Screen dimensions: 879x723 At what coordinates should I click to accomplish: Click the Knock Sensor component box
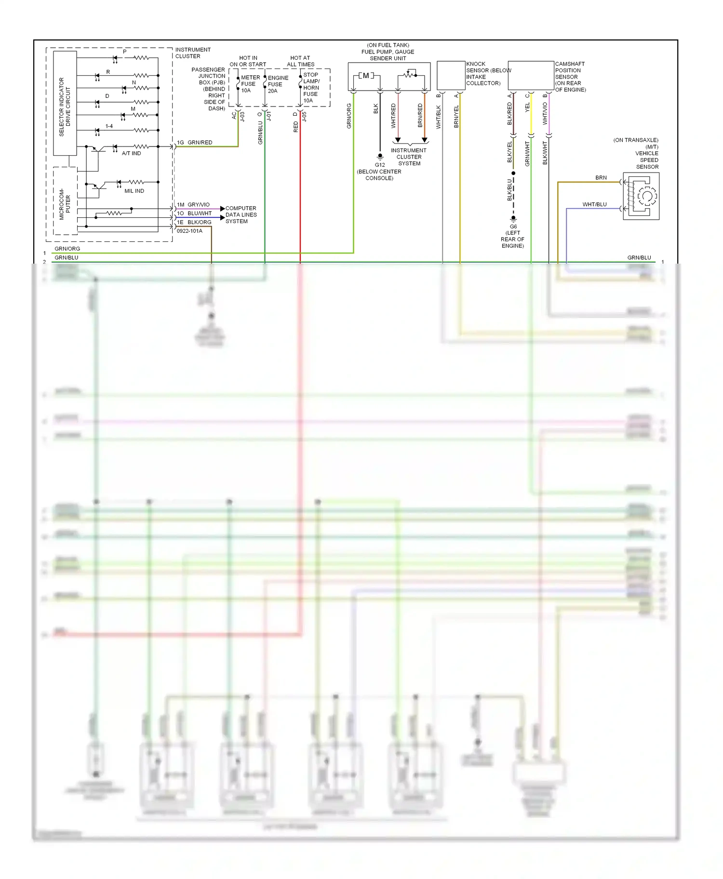(451, 75)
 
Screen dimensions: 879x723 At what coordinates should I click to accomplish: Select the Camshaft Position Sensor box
(531, 75)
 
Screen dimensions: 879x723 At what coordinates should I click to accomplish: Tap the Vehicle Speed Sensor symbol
(641, 196)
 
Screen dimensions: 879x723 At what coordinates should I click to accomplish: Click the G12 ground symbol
(380, 157)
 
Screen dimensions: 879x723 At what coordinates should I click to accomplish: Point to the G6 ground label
(513, 226)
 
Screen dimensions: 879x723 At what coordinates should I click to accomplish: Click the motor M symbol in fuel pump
(366, 76)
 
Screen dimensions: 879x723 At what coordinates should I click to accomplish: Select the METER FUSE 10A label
(250, 84)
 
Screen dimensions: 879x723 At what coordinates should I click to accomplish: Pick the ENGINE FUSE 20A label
(277, 84)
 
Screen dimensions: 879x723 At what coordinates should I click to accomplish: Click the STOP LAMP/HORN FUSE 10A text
(311, 88)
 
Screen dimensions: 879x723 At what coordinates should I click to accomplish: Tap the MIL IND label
(134, 191)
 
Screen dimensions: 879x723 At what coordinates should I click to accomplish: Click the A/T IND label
(131, 153)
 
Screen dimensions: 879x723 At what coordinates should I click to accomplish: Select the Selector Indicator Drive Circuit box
(65, 103)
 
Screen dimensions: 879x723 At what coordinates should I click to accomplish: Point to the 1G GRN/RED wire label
(194, 142)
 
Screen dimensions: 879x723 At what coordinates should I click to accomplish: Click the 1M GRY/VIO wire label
(193, 204)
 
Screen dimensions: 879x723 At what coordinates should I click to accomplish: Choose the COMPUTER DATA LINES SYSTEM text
(241, 215)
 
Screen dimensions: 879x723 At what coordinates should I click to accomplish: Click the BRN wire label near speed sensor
(601, 178)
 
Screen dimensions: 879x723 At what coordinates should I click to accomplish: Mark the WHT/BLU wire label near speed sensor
(594, 204)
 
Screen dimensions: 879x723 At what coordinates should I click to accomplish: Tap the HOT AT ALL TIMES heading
(300, 61)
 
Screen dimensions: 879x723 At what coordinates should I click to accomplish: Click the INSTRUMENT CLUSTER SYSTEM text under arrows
(409, 157)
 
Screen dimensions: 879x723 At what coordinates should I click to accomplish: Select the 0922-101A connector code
(189, 231)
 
